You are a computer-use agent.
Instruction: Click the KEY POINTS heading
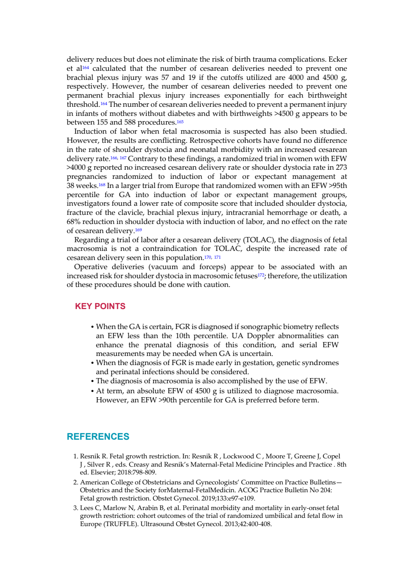(100, 306)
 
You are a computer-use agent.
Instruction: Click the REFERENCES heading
(98, 436)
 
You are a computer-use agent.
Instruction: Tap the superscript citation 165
(180, 122)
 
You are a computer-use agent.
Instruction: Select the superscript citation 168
(102, 184)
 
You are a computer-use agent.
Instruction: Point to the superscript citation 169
(138, 230)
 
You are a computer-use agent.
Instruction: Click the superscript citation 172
(261, 275)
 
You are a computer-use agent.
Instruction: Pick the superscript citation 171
(217, 257)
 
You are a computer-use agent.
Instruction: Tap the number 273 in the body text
(341, 168)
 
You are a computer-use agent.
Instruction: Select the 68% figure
(73, 221)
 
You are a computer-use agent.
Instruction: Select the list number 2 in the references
(76, 482)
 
